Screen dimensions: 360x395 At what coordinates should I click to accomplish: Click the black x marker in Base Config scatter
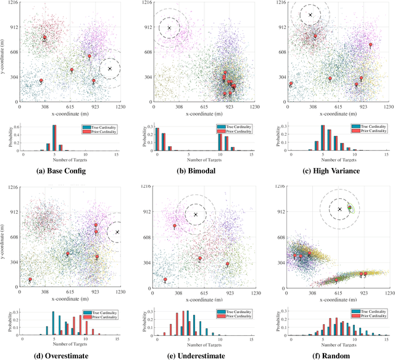pyautogui.click(x=109, y=69)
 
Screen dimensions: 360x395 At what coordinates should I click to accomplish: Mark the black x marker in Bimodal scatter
pyautogui.click(x=170, y=28)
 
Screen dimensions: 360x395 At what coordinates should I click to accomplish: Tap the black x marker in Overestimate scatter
pyautogui.click(x=117, y=232)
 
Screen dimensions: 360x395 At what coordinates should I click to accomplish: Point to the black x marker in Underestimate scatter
pyautogui.click(x=196, y=214)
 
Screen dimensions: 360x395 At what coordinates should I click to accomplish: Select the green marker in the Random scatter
pyautogui.click(x=349, y=209)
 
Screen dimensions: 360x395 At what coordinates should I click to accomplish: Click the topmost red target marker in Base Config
pyautogui.click(x=44, y=37)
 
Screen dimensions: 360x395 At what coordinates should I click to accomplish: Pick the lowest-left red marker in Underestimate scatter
pyautogui.click(x=165, y=279)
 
